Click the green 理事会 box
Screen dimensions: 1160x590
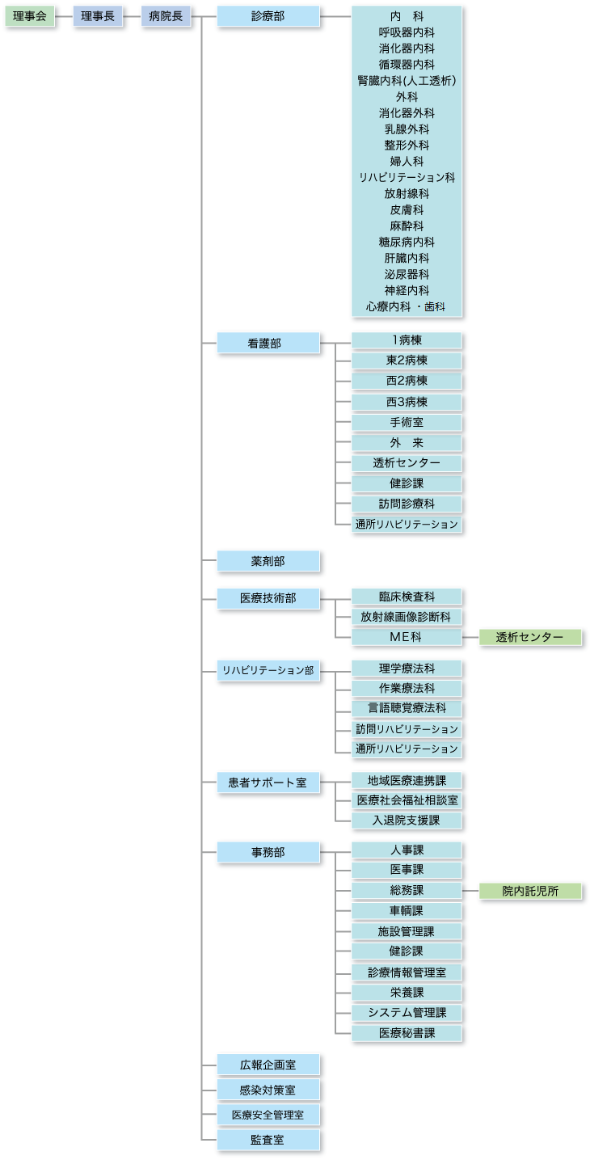coord(30,16)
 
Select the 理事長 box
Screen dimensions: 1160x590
coord(98,16)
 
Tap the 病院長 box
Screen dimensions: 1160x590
coord(166,16)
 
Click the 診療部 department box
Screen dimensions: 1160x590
coord(268,16)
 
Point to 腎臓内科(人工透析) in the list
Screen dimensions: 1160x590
coord(407,81)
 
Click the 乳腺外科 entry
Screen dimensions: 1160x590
coord(407,129)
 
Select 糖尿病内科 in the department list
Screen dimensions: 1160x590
coord(407,243)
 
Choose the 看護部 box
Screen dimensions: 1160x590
coord(268,343)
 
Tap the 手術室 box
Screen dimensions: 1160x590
coord(407,423)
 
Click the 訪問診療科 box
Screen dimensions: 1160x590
coord(407,504)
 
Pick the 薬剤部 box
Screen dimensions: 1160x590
coord(268,561)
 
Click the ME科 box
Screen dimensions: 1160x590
coord(407,638)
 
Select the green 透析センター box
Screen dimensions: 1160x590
coord(529,638)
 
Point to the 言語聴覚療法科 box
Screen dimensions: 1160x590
coord(407,709)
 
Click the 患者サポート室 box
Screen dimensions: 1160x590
coord(268,782)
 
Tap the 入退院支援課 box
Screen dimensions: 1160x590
coord(407,821)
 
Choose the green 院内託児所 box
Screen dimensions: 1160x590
coord(529,892)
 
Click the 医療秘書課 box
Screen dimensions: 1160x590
coord(407,1033)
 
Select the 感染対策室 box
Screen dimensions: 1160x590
coord(268,1090)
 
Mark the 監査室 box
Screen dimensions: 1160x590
coord(268,1141)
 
